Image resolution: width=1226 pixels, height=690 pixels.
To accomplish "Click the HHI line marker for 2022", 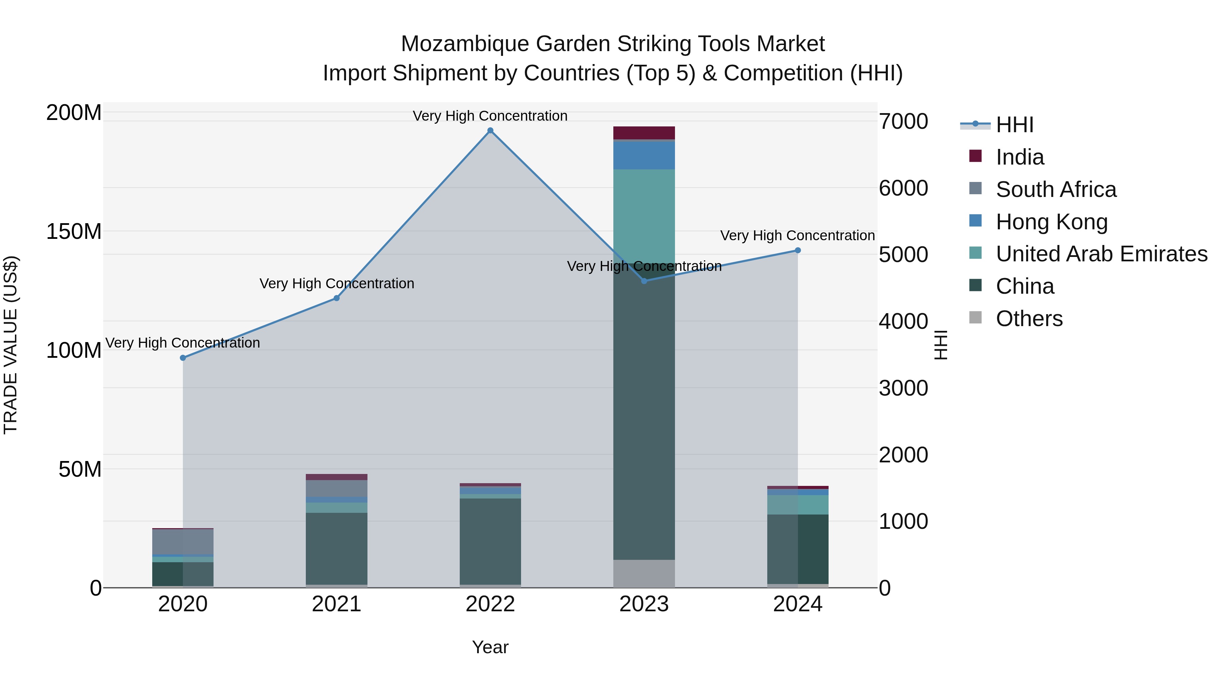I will tap(490, 131).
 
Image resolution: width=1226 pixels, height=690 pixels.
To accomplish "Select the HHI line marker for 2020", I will tap(183, 358).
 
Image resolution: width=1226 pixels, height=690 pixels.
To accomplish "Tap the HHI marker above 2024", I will tap(798, 250).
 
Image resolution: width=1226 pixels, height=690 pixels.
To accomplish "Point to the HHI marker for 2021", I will tap(336, 298).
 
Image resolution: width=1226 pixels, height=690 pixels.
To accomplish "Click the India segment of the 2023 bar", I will tap(644, 133).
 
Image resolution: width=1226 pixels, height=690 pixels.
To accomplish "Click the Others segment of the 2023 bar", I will tap(644, 573).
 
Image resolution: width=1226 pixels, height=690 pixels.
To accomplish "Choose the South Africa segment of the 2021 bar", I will tap(336, 488).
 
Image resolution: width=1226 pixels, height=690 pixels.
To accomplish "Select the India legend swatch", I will tap(975, 156).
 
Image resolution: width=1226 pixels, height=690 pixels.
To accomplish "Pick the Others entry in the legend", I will tap(1029, 319).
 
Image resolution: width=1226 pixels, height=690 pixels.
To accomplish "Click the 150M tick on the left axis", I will tap(74, 232).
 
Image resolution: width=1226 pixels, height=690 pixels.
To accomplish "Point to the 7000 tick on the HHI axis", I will tap(903, 121).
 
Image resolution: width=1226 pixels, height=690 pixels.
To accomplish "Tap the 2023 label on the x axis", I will tap(644, 604).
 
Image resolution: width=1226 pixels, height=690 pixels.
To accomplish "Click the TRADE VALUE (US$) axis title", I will tap(11, 345).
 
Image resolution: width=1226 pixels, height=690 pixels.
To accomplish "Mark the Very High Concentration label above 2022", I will tap(490, 116).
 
